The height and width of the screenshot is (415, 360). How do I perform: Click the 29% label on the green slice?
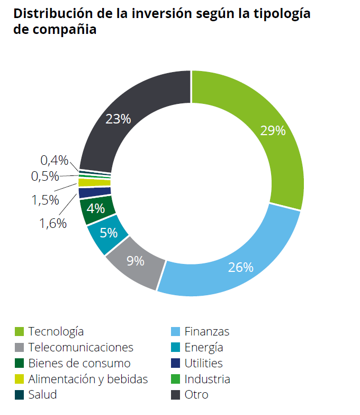pos(273,130)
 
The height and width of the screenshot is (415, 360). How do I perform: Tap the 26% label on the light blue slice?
pos(240,267)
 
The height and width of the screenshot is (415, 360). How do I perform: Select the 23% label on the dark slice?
pos(118,119)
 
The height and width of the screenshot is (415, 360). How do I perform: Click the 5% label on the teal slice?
pos(108,232)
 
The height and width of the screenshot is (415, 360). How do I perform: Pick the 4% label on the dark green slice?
pos(96,208)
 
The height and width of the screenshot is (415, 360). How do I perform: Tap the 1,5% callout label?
pos(45,200)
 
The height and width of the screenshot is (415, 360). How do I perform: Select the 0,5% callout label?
pos(45,176)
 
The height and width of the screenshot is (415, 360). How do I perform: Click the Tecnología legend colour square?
pos(19,332)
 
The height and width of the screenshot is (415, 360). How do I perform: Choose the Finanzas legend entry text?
pos(206,332)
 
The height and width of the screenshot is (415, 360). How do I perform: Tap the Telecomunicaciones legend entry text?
pos(80,348)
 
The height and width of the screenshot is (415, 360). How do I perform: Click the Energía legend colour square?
pos(175,348)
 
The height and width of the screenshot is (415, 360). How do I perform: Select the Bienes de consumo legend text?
pos(79,364)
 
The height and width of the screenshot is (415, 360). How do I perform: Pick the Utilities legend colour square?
pos(175,364)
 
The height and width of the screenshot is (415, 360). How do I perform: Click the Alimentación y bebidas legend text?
pos(88,379)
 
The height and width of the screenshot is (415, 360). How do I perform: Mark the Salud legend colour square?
pos(19,395)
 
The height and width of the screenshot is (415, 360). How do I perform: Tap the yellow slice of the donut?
pos(87,182)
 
